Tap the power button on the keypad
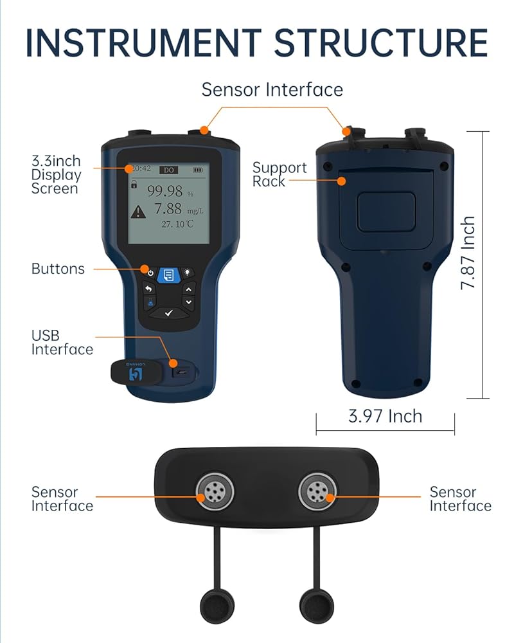150,273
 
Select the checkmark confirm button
169,312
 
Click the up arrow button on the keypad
188,289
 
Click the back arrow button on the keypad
150,289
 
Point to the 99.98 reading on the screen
165,191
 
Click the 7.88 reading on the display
168,209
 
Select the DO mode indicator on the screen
168,170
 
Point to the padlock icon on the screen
134,184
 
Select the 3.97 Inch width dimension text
385,416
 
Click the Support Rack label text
279,174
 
